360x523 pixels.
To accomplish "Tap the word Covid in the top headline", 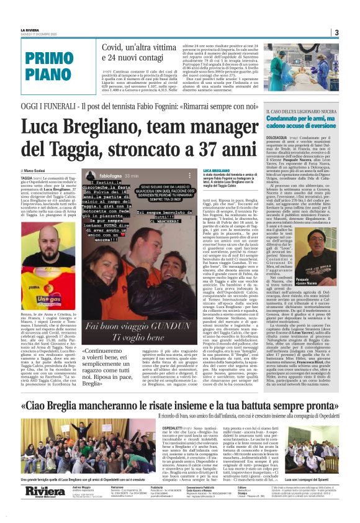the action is point(118,47).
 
